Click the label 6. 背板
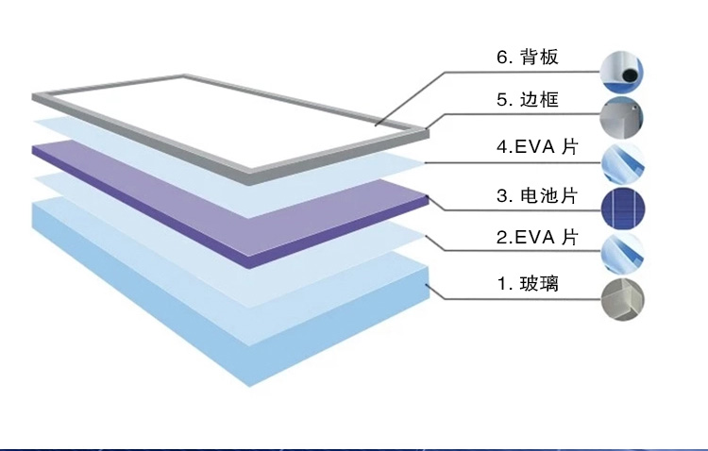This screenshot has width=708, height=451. click(x=528, y=58)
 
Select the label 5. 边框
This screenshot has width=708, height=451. click(x=528, y=100)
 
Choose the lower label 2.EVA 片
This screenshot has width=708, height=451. click(x=535, y=238)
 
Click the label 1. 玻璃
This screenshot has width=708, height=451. click(x=528, y=283)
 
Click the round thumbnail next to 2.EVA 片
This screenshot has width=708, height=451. click(x=624, y=253)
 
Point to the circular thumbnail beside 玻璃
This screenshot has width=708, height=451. click(x=624, y=300)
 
